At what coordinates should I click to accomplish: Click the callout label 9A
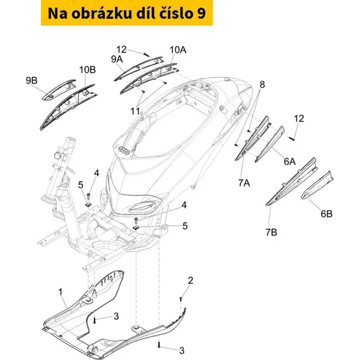117,59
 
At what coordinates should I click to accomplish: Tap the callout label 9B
32,81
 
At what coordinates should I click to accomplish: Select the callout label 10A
178,50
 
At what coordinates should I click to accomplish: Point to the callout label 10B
88,70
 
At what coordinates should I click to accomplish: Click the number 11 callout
135,111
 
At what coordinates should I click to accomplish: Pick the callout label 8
262,84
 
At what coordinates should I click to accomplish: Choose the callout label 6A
289,161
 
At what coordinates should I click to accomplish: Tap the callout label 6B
326,214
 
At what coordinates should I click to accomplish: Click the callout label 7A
244,183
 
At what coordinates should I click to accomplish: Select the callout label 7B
271,232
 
